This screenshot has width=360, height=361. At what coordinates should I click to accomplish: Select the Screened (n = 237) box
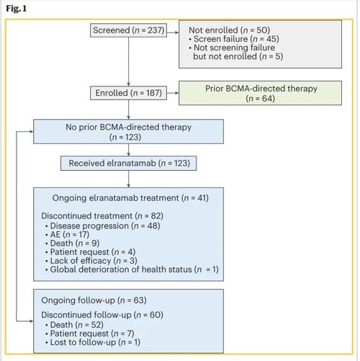point(128,30)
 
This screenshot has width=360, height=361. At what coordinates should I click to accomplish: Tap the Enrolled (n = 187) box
point(128,93)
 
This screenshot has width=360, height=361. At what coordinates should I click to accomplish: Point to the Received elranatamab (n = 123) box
point(128,163)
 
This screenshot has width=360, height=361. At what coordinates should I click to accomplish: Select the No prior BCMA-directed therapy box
point(128,131)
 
